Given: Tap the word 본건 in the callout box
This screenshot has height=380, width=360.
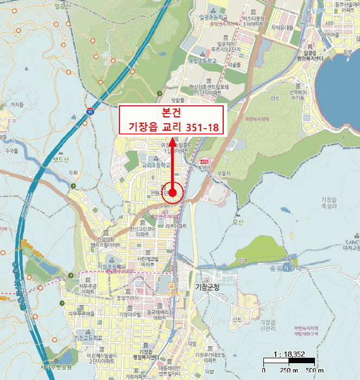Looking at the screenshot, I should point(172,112).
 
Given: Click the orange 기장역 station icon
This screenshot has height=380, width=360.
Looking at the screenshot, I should point(172,286).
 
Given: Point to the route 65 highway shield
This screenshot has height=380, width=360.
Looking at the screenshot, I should point(90,112).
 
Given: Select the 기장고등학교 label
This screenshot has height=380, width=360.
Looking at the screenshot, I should point(88,337).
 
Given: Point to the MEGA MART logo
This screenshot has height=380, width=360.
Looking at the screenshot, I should point(205,161).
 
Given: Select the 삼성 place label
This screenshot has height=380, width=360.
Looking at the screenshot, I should point(274,98).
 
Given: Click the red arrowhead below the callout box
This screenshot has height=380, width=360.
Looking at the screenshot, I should point(173,143).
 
